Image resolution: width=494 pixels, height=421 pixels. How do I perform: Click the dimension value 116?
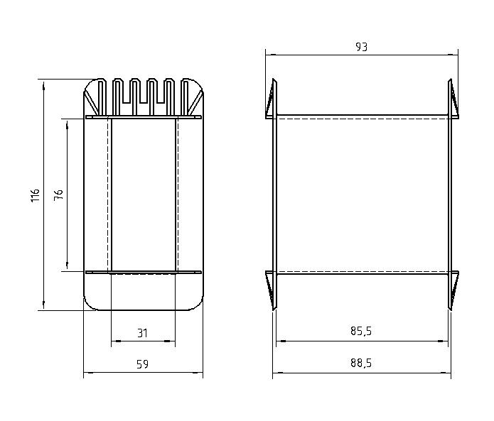pos(36,195)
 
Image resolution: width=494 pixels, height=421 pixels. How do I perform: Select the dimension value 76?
pos(58,195)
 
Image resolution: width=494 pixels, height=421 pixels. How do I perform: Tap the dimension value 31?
pos(142,333)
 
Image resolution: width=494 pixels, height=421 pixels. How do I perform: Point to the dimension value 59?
pos(142,364)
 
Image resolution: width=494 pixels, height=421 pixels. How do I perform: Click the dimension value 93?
pos(361,47)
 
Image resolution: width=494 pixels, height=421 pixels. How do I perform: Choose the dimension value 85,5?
pos(361,331)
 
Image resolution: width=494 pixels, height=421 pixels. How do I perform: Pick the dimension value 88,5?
pos(361,363)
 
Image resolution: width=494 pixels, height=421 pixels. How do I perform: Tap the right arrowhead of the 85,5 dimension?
pos(443,341)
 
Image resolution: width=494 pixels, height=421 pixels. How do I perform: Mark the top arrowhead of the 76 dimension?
pos(67,124)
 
